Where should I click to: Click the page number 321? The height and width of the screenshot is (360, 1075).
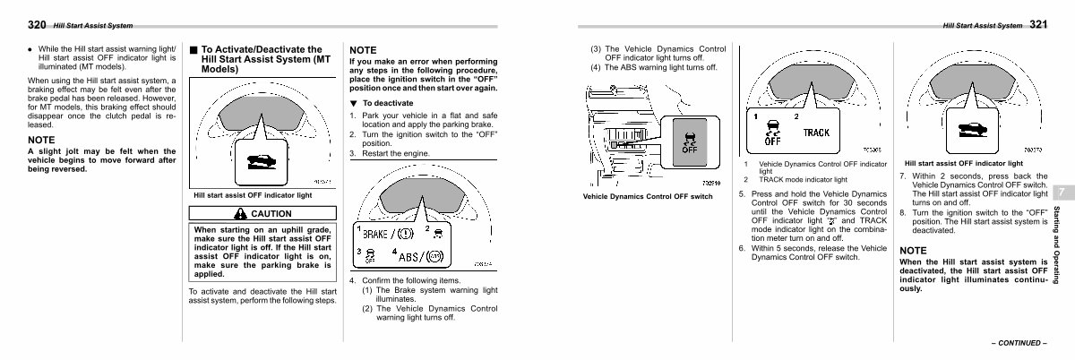[1039, 25]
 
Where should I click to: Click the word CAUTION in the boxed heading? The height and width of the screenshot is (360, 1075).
[271, 213]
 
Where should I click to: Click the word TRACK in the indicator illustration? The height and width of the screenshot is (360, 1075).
[816, 133]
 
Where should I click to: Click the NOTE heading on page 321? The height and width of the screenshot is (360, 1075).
[914, 249]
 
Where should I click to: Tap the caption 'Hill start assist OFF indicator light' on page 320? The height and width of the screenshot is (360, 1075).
[253, 195]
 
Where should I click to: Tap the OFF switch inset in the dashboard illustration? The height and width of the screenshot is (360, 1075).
[690, 141]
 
